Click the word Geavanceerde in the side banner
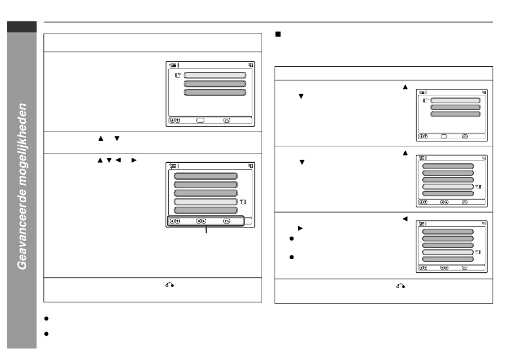point(22,233)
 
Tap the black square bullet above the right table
point(278,35)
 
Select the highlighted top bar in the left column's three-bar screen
point(214,75)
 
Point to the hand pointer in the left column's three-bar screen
point(178,75)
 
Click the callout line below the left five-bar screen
point(206,231)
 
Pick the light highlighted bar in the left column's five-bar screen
point(206,202)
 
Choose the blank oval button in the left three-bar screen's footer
point(201,120)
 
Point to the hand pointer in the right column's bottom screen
point(478,252)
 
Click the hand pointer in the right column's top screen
point(426,101)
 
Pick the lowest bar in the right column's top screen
point(455,114)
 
